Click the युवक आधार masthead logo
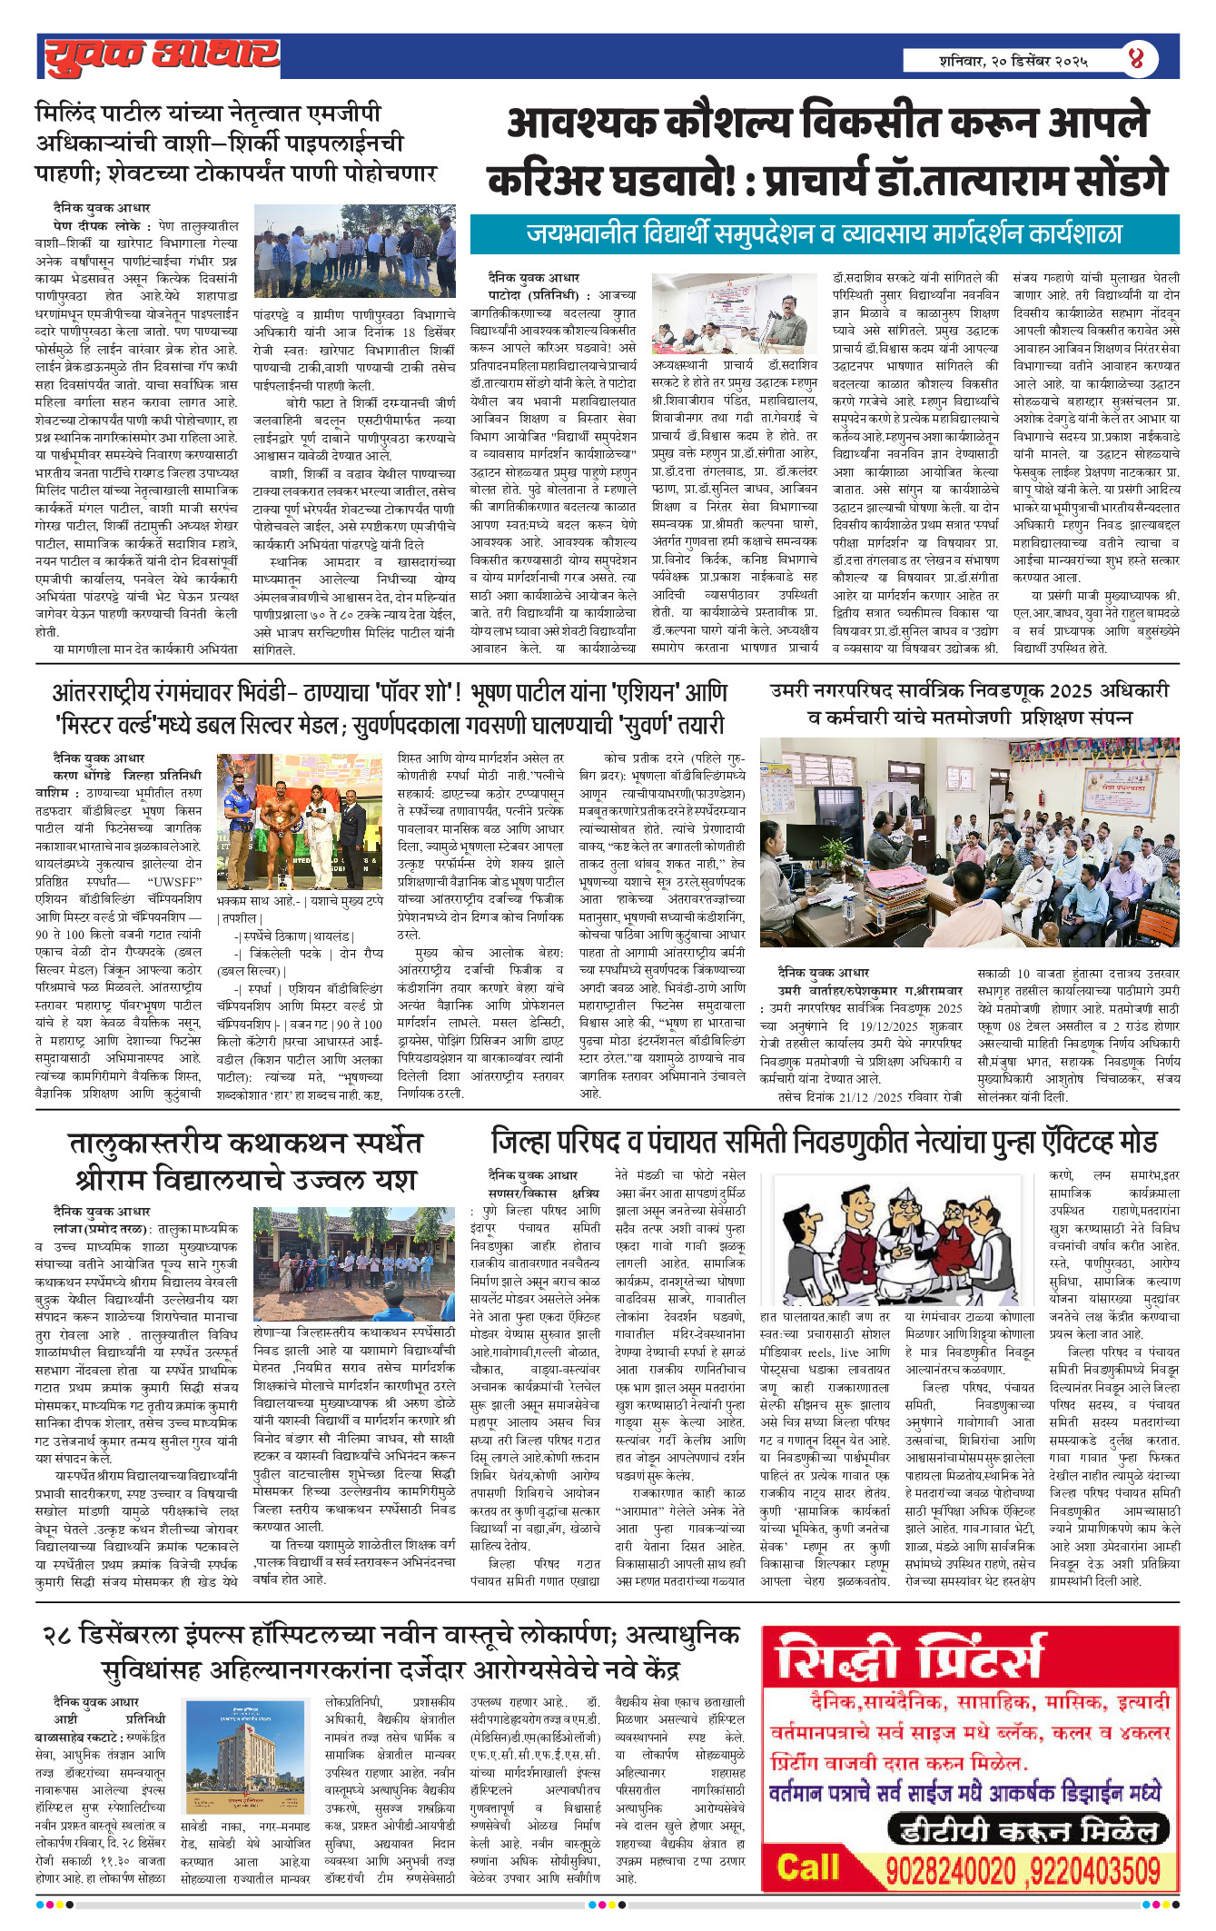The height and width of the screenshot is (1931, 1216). click(162, 55)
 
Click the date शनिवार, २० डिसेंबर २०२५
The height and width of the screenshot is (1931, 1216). click(1013, 61)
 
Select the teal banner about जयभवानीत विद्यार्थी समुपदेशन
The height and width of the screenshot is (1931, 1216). click(824, 234)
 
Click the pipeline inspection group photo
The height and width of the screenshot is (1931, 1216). click(354, 252)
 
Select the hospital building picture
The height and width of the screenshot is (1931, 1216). click(245, 1752)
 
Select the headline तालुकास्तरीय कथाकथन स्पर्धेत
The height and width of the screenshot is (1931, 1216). click(245, 1144)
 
